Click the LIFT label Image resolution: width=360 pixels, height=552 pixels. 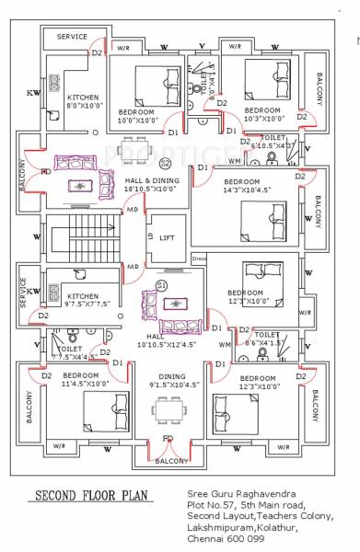tap(167, 238)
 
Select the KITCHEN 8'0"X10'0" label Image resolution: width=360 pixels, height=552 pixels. tap(83, 100)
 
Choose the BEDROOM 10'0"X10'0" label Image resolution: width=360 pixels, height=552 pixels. tap(136, 116)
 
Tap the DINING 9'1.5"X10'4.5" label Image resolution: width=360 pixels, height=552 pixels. tap(167, 380)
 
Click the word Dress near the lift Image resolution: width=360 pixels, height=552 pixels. tap(198, 259)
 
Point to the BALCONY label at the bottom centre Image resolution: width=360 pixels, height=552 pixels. tap(172, 460)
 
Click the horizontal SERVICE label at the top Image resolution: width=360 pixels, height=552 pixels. tap(73, 37)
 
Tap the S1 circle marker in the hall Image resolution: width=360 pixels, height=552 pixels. tap(161, 286)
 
